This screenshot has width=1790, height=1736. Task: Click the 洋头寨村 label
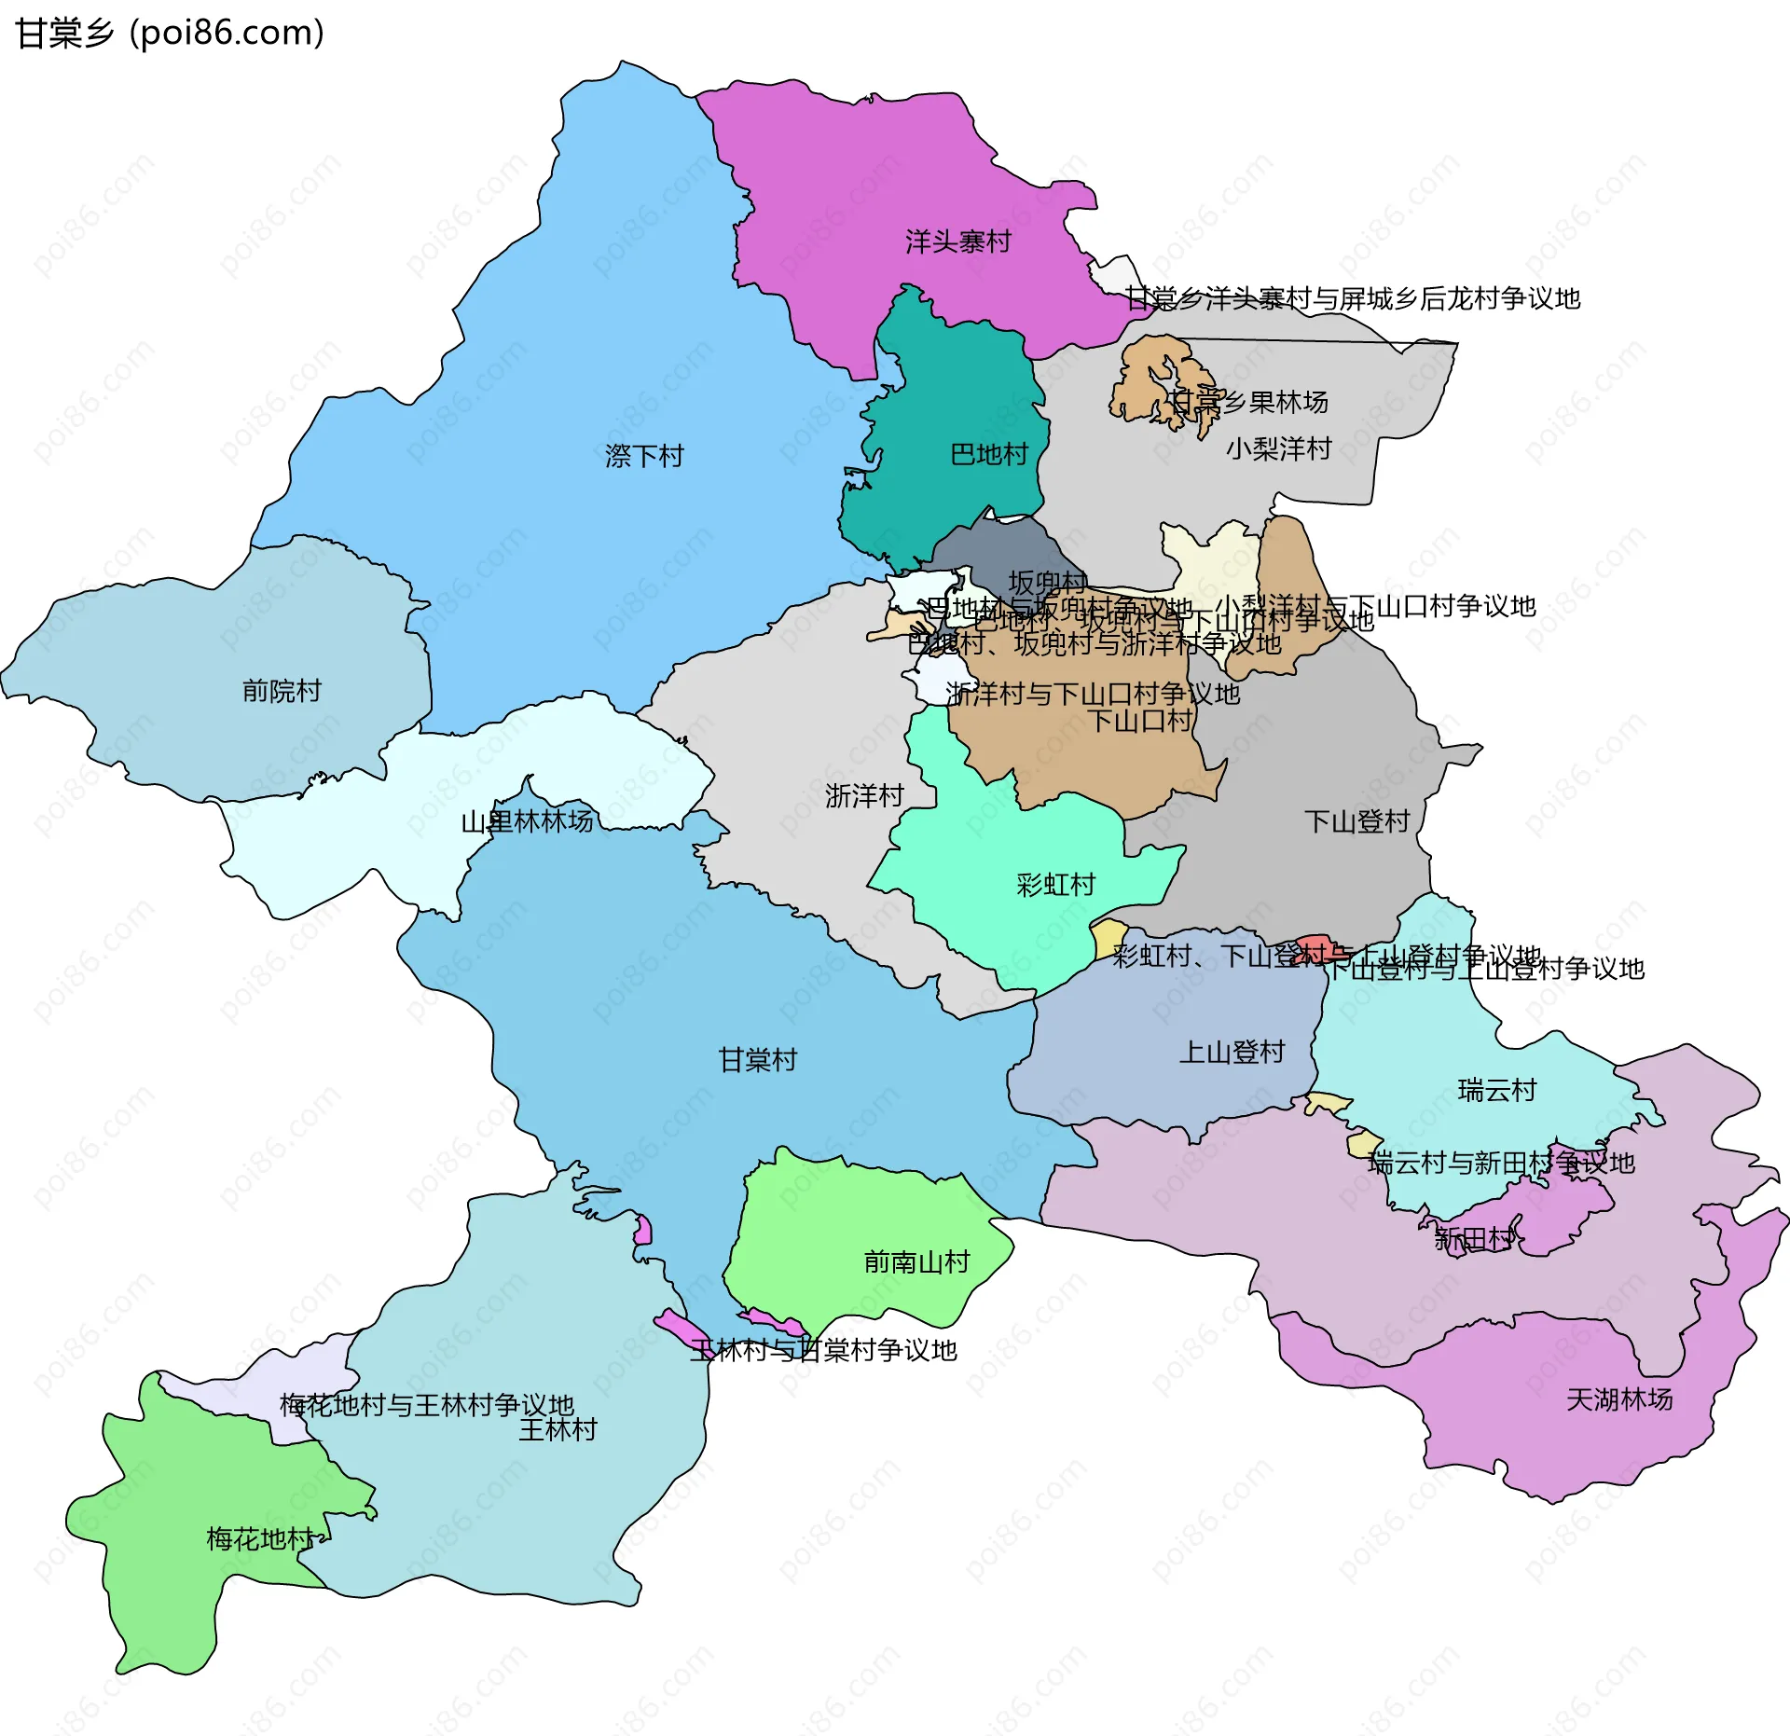957,242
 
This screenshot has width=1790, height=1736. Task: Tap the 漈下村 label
644,456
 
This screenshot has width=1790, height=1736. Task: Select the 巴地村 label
988,454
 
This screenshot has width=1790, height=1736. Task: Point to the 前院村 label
282,691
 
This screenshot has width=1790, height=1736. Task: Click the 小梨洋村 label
1278,449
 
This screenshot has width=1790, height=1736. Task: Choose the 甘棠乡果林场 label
1248,402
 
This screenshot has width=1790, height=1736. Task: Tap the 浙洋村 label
864,796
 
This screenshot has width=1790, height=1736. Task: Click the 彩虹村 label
1055,885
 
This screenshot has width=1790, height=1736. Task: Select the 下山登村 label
1356,821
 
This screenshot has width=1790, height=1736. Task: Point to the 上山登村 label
1232,1053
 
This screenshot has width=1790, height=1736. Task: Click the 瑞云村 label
1496,1090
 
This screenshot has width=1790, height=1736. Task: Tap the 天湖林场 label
1618,1399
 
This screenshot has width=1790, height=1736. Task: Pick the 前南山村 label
916,1262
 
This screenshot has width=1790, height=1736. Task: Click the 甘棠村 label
757,1060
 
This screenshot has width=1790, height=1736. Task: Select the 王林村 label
558,1430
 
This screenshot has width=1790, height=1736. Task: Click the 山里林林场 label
527,821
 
